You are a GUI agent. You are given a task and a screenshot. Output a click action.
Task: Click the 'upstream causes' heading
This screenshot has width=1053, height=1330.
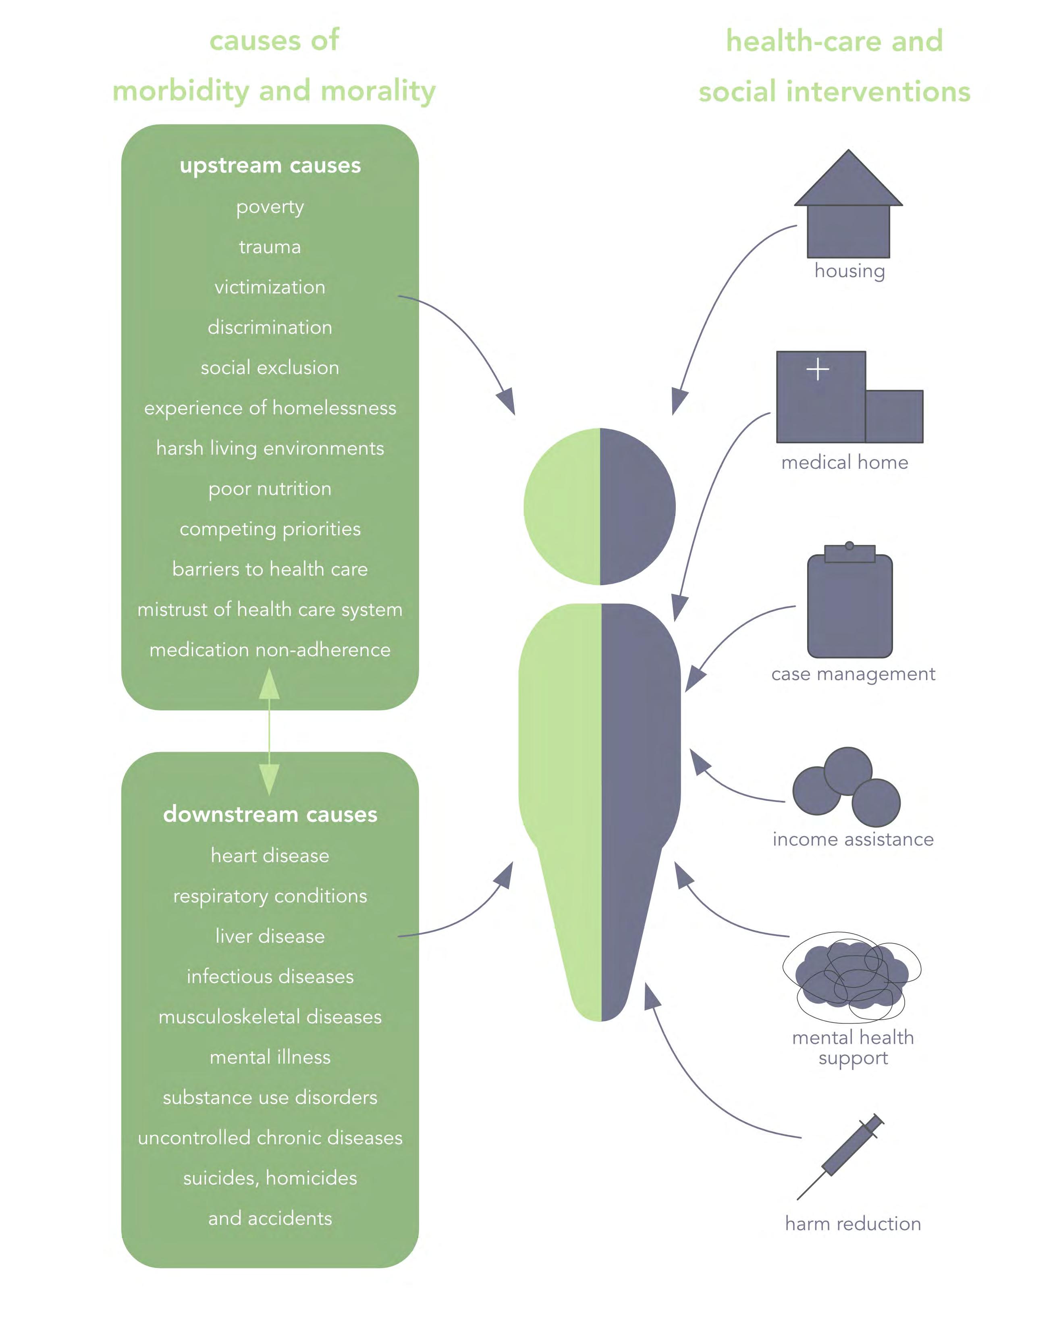click(270, 165)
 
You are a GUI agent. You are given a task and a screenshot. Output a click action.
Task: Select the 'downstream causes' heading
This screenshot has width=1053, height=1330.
click(270, 814)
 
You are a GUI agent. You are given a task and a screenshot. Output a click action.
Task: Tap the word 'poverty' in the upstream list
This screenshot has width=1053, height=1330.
click(270, 207)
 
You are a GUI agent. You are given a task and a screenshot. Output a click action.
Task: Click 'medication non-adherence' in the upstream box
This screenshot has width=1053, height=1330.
click(270, 649)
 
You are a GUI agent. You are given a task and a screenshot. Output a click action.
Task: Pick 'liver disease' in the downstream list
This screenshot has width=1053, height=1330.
click(270, 935)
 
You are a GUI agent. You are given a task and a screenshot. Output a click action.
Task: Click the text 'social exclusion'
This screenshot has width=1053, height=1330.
click(270, 368)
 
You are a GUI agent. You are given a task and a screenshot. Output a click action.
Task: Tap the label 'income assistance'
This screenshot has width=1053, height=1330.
click(853, 839)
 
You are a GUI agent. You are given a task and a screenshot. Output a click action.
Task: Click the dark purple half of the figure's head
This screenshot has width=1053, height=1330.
click(636, 506)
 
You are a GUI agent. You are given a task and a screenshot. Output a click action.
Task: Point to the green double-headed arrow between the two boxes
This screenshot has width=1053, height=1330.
click(270, 731)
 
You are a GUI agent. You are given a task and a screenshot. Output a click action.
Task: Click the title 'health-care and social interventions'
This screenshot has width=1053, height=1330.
click(834, 66)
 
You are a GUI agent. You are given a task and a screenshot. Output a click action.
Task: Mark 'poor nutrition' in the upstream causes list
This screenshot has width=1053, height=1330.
click(270, 488)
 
